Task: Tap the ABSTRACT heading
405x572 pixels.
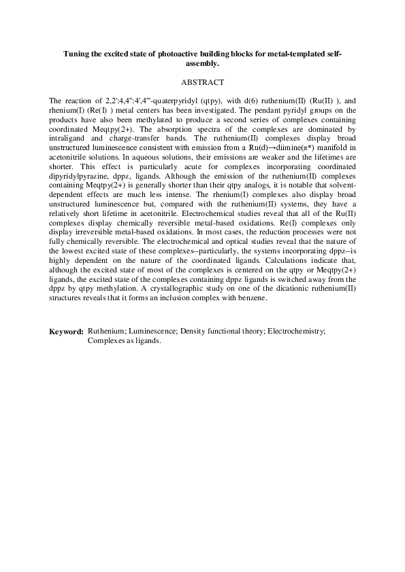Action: [x=203, y=82]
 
